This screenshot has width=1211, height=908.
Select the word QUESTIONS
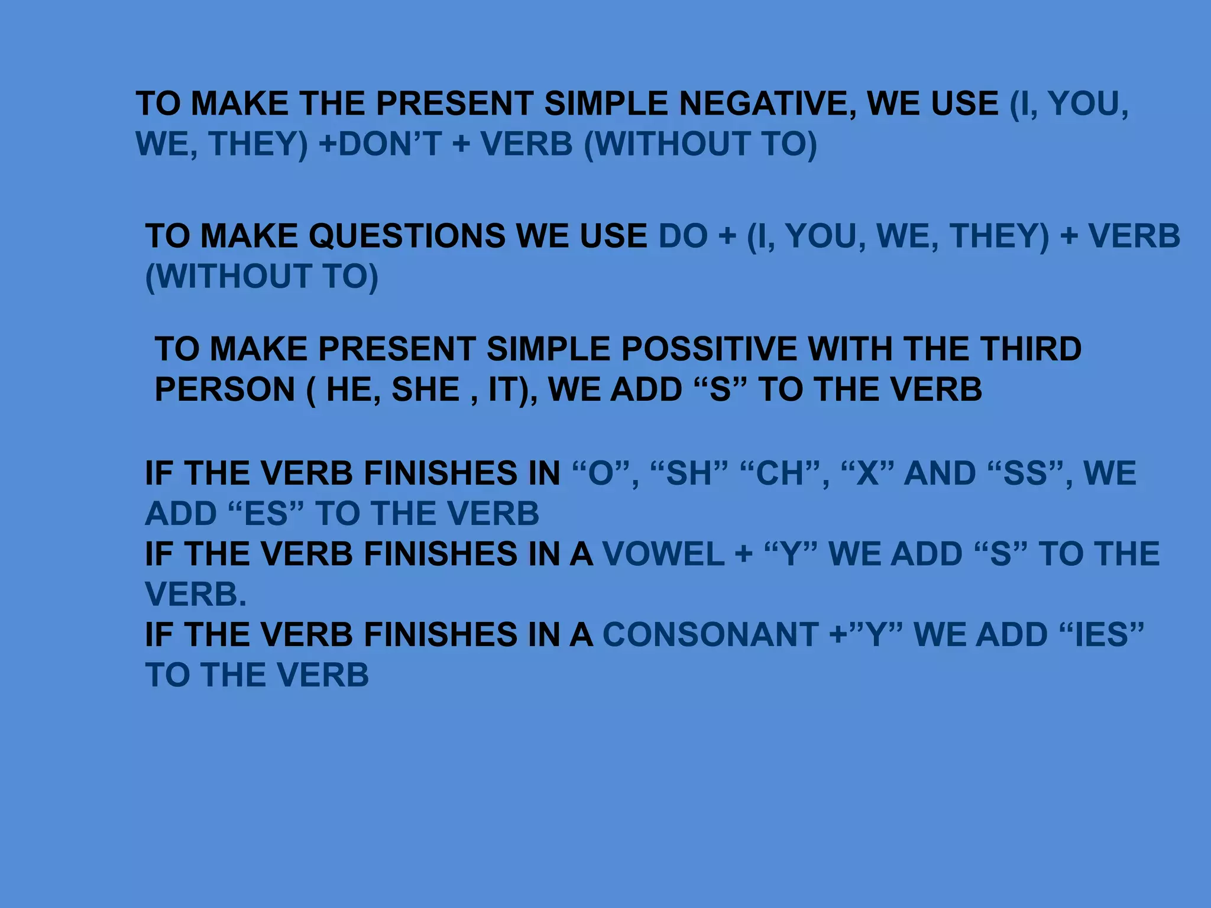click(x=407, y=236)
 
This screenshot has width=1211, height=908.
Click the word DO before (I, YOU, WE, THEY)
click(x=683, y=236)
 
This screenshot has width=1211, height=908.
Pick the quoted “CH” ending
click(x=779, y=474)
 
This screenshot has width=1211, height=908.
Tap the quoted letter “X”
click(x=867, y=474)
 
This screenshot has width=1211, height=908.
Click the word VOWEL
click(x=663, y=554)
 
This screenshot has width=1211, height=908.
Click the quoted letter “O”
click(x=601, y=474)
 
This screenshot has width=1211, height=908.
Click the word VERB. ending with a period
click(x=196, y=594)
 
